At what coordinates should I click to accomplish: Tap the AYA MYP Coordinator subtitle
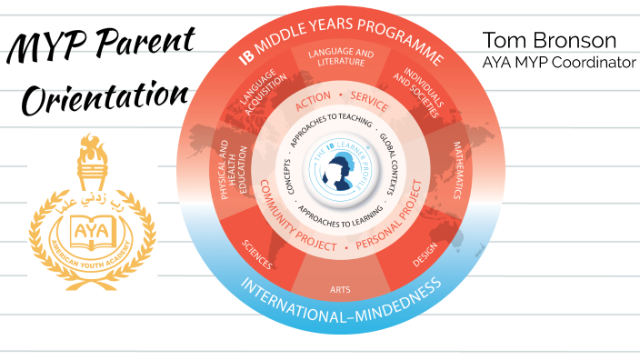click(558, 62)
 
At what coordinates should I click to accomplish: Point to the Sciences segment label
click(256, 254)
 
